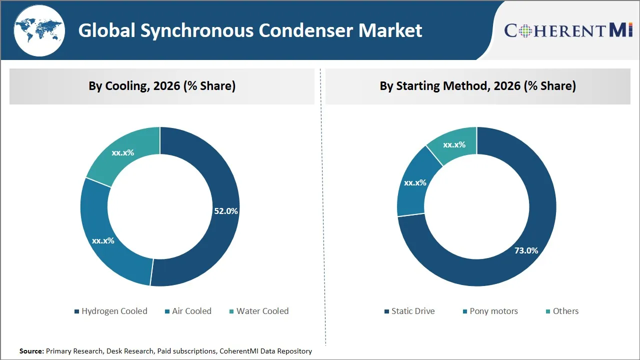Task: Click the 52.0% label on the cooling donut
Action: (226, 211)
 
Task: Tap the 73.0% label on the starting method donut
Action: (526, 250)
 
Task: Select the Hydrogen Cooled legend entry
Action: (111, 311)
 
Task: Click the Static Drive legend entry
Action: (409, 311)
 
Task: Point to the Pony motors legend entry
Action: (490, 311)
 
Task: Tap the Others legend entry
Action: (562, 311)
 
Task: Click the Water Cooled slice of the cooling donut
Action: (123, 152)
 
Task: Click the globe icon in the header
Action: (39, 30)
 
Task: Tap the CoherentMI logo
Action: (568, 30)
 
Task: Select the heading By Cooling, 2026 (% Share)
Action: (162, 86)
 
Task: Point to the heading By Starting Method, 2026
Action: (477, 86)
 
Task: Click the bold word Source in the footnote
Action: (31, 351)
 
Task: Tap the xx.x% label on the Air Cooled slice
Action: (103, 240)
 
